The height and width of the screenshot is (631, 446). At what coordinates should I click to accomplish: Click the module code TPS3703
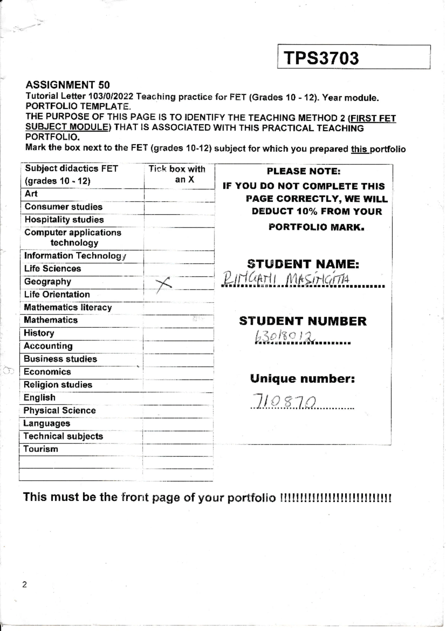coord(321,58)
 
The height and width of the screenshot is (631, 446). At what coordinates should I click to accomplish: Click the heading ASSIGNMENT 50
coord(67,85)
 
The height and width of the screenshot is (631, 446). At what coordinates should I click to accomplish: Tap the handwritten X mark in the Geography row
coord(164,285)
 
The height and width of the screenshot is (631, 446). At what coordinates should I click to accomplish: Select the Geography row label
coord(48,282)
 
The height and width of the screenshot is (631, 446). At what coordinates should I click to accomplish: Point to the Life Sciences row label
coord(52,269)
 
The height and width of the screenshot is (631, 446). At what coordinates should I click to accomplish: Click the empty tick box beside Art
coord(179,195)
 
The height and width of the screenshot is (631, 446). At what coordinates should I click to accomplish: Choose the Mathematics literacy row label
coord(68,307)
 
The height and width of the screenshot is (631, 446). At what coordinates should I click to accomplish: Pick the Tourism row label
coord(41,449)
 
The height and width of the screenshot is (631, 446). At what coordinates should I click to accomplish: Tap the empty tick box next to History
coord(178,334)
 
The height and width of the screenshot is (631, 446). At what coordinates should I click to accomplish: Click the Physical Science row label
coord(59,410)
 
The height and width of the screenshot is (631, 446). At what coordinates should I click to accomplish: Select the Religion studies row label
coord(58,385)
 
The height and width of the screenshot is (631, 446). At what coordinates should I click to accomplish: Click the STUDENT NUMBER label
coord(303,321)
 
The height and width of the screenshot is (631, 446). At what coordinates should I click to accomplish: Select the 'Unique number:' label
coord(302,379)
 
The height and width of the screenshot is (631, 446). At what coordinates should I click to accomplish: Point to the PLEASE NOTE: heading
coord(303,172)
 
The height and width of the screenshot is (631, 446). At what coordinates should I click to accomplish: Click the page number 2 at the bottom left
coord(25,584)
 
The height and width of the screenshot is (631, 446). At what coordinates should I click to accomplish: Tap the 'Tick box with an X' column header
coord(177,174)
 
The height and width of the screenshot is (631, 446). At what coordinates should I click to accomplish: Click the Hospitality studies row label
coord(64,220)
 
